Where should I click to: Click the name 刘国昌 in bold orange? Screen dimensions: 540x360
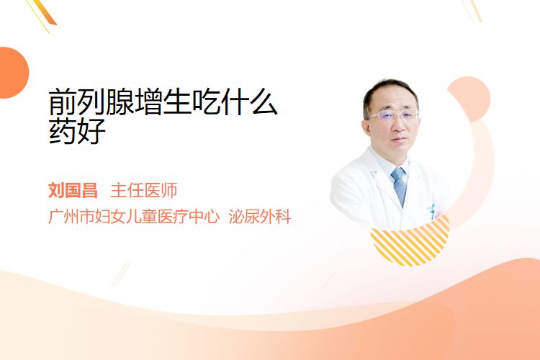pyautogui.click(x=73, y=191)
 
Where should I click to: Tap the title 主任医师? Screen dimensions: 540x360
pyautogui.click(x=144, y=191)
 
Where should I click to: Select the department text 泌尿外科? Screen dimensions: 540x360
pyautogui.click(x=260, y=217)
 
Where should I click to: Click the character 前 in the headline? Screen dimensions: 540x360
pyautogui.click(x=63, y=102)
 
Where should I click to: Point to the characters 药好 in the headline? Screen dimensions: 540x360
pyautogui.click(x=77, y=131)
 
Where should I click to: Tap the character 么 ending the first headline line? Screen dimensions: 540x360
pyautogui.click(x=264, y=102)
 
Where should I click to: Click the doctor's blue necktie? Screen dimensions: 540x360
pyautogui.click(x=400, y=186)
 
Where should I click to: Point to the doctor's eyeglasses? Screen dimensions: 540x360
pyautogui.click(x=394, y=116)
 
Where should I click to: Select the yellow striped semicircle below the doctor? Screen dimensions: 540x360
pyautogui.click(x=410, y=241)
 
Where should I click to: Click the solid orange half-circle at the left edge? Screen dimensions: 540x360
pyautogui.click(x=14, y=73)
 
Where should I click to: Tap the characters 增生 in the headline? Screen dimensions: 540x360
pyautogui.click(x=163, y=102)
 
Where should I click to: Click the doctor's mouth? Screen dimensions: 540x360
pyautogui.click(x=400, y=140)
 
